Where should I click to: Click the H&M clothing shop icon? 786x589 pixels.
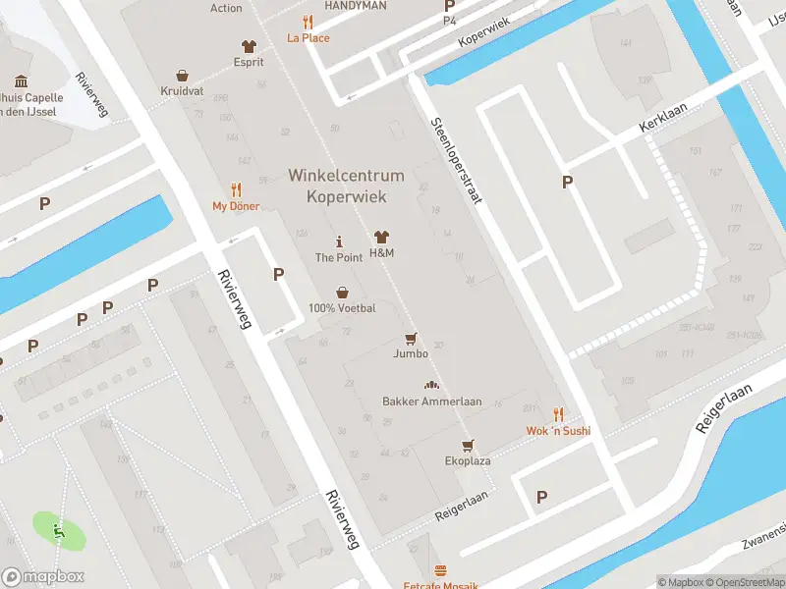click(x=381, y=238)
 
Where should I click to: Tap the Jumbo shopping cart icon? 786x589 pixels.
click(x=411, y=337)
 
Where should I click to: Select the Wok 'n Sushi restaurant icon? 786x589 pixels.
click(x=558, y=413)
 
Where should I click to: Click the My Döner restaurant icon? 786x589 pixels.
click(x=236, y=189)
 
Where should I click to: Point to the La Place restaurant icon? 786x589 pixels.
click(x=308, y=22)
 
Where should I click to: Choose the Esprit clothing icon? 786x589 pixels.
click(x=248, y=45)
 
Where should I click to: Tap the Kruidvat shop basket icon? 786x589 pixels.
click(x=182, y=75)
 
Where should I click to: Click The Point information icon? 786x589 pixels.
click(x=339, y=241)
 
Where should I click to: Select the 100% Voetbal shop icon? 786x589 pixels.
click(x=342, y=292)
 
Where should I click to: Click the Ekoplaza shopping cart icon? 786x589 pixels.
click(x=468, y=444)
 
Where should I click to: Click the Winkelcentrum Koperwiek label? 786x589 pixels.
click(x=346, y=186)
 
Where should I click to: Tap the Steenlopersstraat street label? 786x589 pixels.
click(x=457, y=161)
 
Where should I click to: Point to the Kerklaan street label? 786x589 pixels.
click(x=661, y=119)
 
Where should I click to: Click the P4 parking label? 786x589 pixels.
click(x=450, y=20)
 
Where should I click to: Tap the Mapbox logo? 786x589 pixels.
click(x=43, y=577)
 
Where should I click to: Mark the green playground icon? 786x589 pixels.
click(x=59, y=531)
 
